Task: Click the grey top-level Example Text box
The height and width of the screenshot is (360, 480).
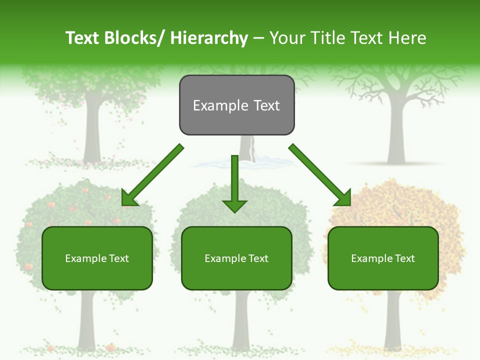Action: point(236,105)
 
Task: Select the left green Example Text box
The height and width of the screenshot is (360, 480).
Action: point(97,258)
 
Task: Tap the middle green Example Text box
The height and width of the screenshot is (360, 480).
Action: point(236,258)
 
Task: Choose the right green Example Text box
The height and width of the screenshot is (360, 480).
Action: point(383,258)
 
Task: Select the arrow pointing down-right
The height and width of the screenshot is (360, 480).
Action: point(320,175)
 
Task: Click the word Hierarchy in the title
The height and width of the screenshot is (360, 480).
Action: point(209,38)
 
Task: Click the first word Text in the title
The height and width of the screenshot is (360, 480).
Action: point(84,38)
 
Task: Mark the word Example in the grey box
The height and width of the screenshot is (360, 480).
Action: point(220,105)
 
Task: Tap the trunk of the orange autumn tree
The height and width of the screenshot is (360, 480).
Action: point(393,320)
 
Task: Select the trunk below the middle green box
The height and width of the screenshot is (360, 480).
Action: point(241,320)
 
